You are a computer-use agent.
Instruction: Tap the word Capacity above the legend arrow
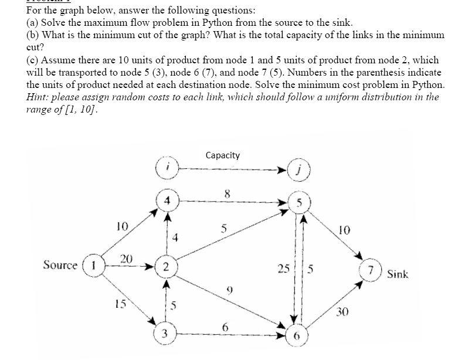point(223,155)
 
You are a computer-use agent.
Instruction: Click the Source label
point(60,265)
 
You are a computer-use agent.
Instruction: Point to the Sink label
point(397,274)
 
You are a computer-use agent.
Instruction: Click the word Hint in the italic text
point(39,97)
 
